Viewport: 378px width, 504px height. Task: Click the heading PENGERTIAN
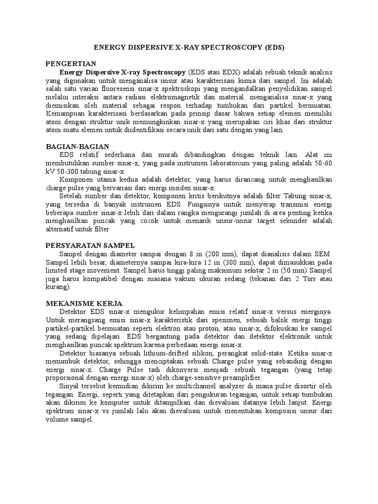point(70,63)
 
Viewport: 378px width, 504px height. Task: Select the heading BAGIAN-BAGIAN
point(77,147)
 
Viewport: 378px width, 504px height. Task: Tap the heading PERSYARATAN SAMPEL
point(90,245)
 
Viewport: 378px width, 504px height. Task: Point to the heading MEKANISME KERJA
point(84,303)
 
